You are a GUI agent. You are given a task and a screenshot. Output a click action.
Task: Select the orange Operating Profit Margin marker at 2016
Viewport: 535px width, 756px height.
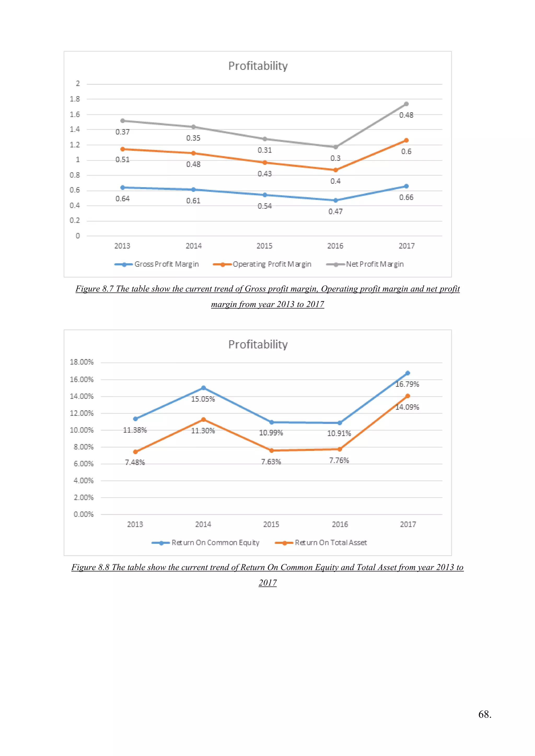(x=335, y=170)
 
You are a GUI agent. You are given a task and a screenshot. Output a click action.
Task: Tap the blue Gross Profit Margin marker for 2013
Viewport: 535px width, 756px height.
(x=123, y=188)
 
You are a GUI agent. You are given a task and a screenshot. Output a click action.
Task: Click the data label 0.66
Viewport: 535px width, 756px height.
(x=406, y=198)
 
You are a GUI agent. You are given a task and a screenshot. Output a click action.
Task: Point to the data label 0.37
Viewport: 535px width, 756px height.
(x=123, y=132)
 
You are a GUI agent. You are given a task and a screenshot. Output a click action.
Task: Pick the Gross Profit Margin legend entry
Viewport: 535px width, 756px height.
(x=157, y=264)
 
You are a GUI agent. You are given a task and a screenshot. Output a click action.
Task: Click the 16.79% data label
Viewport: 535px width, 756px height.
(x=407, y=384)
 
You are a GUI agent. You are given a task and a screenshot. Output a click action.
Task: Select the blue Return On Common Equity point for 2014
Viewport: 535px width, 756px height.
(x=203, y=388)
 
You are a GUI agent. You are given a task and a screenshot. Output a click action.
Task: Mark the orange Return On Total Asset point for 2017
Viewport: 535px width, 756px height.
(x=408, y=396)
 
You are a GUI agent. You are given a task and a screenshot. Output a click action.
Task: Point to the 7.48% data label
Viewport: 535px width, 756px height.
(x=135, y=463)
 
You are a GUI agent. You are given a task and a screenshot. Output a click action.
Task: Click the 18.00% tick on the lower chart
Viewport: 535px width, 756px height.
(x=82, y=362)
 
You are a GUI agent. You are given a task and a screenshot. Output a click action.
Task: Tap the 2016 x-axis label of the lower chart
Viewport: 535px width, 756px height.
(x=340, y=524)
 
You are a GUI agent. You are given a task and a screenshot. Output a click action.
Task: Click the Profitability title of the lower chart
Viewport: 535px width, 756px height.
(x=258, y=344)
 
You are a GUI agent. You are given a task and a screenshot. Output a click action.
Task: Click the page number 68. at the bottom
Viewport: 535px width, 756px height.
(x=485, y=714)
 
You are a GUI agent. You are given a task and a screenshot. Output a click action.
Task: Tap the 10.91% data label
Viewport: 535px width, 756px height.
(x=339, y=434)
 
